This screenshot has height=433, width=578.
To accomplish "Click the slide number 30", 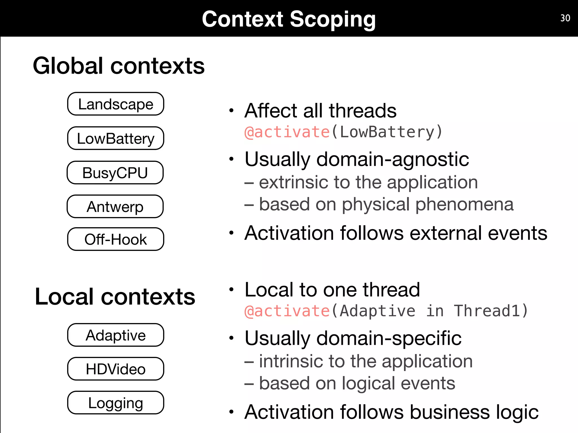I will tap(565, 18).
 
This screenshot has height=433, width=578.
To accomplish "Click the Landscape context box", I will tap(115, 104).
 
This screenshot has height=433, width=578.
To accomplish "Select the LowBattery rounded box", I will tap(115, 138).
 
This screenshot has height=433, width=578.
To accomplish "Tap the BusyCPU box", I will tap(115, 173).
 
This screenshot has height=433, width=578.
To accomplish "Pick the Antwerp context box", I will tap(115, 206).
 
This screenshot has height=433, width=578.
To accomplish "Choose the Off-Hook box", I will tap(115, 239).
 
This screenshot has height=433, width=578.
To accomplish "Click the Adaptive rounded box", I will tap(115, 335).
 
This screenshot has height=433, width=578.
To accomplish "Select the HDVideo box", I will tap(115, 369).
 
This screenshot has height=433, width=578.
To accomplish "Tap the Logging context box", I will tap(115, 403).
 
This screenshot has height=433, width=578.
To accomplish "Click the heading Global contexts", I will tap(119, 66).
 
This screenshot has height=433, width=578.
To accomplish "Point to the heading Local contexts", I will tap(115, 297).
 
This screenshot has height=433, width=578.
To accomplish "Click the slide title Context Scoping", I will tap(289, 19).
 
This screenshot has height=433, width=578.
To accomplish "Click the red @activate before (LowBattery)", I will tap(287, 132).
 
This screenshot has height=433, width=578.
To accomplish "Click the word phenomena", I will tap(464, 204).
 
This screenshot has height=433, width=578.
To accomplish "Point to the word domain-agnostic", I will tap(393, 159).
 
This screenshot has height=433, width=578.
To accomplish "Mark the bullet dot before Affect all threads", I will tap(231, 111).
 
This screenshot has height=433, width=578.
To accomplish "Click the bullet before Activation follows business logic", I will tap(231, 412).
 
